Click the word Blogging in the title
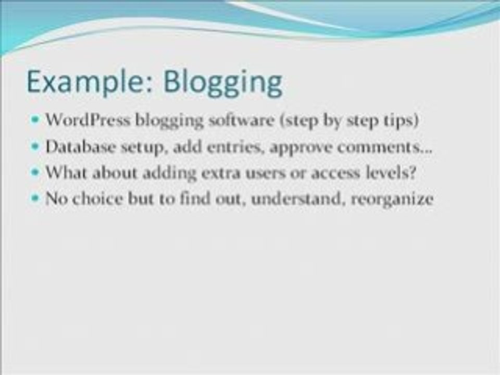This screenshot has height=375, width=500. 223,83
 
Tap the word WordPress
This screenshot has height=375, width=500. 88,120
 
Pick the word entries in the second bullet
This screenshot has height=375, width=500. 235,147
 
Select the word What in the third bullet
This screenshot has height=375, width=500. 66,172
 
